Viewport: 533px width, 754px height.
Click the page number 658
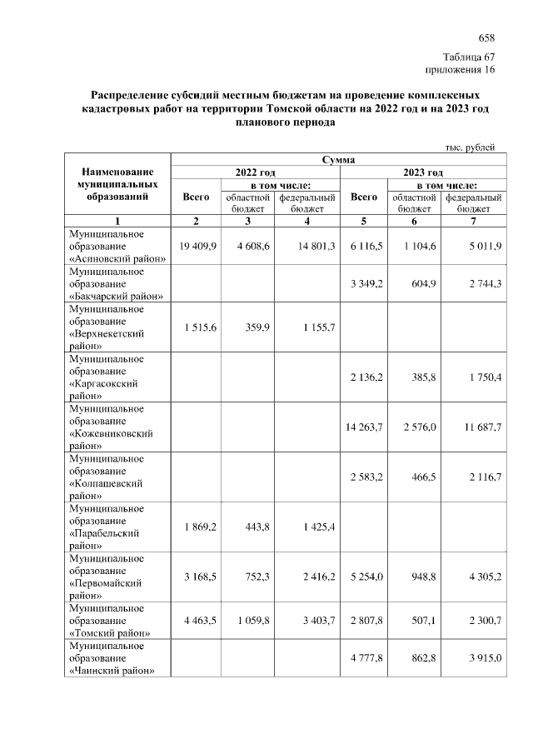486,38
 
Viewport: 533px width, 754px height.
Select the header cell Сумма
337,159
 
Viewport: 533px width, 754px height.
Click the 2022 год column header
257,172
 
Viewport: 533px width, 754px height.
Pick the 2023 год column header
422,172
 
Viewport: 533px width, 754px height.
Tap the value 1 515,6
198,327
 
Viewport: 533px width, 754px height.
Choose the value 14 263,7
364,427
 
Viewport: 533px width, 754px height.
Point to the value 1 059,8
250,620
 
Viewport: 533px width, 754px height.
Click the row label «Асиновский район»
117,258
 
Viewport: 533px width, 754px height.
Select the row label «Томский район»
110,632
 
